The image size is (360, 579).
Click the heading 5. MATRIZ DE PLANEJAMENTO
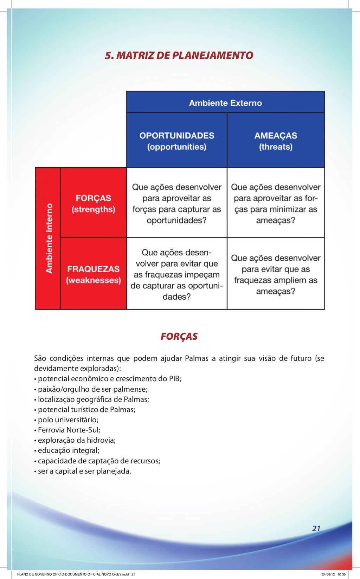179,56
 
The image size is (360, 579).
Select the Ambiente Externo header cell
225,103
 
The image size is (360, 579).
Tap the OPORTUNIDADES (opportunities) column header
177,141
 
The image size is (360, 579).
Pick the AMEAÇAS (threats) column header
276,141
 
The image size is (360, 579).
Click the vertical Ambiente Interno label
49,238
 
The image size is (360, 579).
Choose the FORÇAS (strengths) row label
94,203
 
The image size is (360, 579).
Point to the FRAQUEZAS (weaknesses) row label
94,274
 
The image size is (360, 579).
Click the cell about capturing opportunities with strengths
177,203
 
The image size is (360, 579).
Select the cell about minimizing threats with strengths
276,203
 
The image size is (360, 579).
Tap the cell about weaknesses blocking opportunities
177,274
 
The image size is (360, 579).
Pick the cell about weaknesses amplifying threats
276,274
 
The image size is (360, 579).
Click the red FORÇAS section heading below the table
179,337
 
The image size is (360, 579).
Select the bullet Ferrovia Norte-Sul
69,430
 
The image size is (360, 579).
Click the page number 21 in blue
316,528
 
